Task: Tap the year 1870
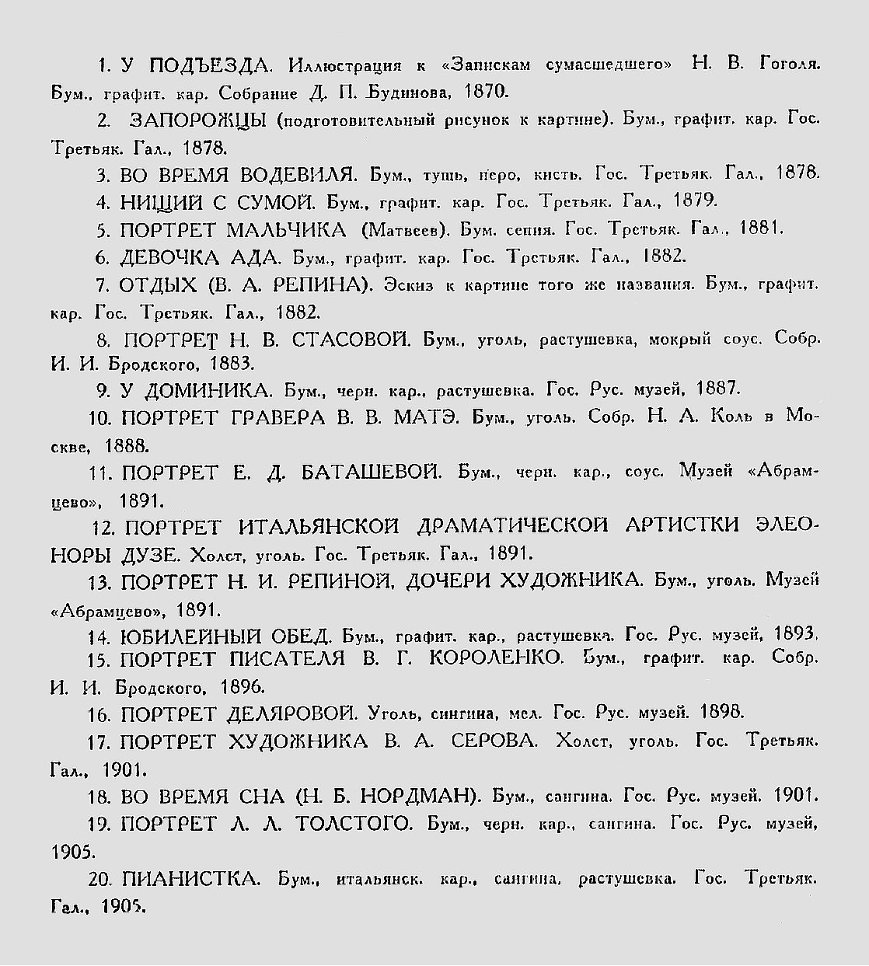click(x=486, y=92)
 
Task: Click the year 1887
click(x=718, y=388)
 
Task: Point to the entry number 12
click(x=103, y=528)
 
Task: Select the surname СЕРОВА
click(x=494, y=741)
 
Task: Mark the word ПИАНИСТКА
click(x=190, y=879)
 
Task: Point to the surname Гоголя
click(x=788, y=65)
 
